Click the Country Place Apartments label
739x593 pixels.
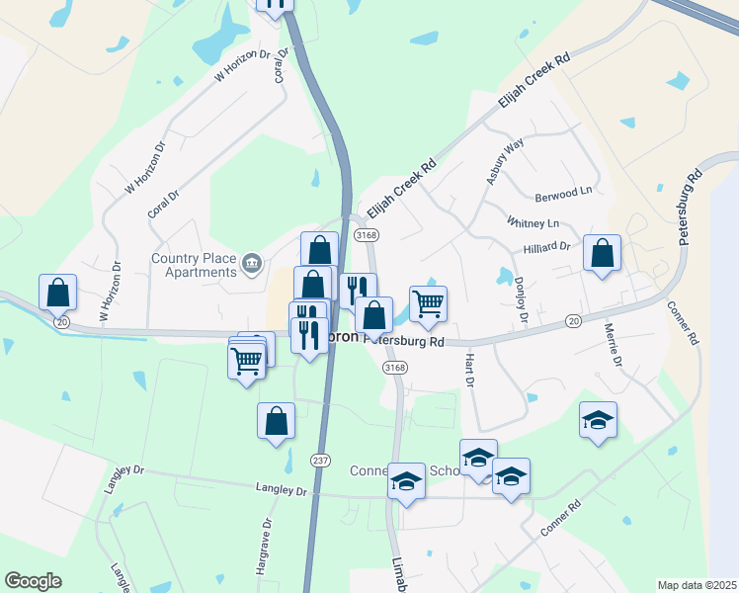pyautogui.click(x=194, y=266)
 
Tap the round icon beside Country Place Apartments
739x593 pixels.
pyautogui.click(x=252, y=262)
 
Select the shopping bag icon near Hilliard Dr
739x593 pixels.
pyautogui.click(x=602, y=255)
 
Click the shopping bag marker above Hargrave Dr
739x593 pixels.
pyautogui.click(x=276, y=421)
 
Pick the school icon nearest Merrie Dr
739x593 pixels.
pyautogui.click(x=598, y=422)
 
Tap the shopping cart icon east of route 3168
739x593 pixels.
pyautogui.click(x=428, y=304)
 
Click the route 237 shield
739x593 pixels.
pyautogui.click(x=320, y=461)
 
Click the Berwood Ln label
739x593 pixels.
pyautogui.click(x=563, y=190)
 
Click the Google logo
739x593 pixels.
pyautogui.click(x=33, y=581)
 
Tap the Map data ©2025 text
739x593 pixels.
pyautogui.click(x=696, y=585)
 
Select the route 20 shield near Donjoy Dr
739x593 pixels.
pyautogui.click(x=573, y=321)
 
